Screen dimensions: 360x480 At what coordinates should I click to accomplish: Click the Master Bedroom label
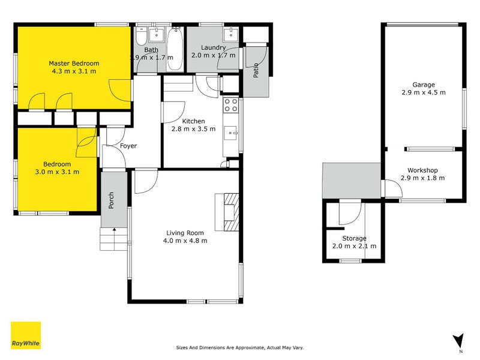tap(74, 63)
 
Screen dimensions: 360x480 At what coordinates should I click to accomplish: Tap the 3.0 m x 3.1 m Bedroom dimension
tap(57, 172)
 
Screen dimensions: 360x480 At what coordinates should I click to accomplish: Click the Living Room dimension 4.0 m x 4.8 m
tap(185, 241)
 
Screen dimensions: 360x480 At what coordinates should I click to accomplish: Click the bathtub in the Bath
tap(175, 51)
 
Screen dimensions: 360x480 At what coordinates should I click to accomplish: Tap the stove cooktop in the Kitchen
tap(230, 106)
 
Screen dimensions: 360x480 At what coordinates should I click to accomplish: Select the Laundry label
tap(214, 47)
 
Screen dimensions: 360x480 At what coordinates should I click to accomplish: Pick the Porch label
tap(112, 200)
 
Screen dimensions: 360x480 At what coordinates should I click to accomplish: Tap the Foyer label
tap(128, 146)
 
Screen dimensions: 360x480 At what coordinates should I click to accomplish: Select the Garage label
tap(423, 85)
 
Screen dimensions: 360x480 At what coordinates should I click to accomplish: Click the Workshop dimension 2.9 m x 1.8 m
tap(423, 178)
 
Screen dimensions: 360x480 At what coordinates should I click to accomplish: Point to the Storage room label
tap(354, 238)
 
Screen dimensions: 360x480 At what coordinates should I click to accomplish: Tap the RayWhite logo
tap(26, 335)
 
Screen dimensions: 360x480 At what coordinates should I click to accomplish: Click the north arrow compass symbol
tap(459, 341)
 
